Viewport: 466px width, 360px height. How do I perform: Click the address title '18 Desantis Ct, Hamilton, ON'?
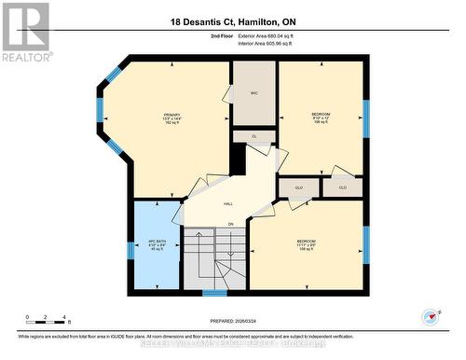coord(233,21)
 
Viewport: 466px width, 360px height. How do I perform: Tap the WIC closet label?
coord(254,93)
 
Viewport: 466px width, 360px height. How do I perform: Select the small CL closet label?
coord(254,136)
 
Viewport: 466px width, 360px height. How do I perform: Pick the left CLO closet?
coord(299,187)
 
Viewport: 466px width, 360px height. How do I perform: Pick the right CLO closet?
coord(342,187)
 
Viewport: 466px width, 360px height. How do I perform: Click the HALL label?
coord(227,204)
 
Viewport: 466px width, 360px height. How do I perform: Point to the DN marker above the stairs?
coord(230,225)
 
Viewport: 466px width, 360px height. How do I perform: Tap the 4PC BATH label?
coord(156,244)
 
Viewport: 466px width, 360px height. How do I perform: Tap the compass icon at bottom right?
coord(430,316)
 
